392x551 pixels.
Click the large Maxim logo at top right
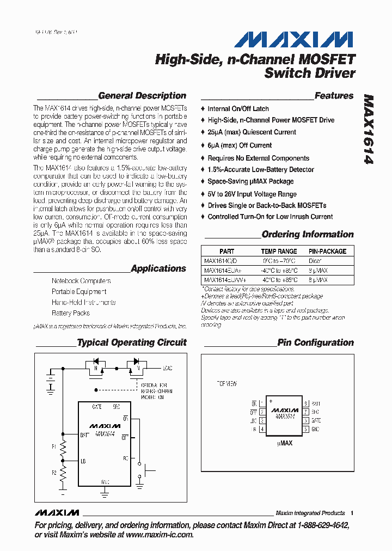(294, 39)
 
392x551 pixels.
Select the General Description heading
(142, 96)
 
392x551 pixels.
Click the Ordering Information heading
(308, 235)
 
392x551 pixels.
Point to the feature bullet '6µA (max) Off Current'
(240, 145)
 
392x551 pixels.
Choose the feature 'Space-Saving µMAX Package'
(250, 181)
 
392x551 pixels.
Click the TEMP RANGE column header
(279, 252)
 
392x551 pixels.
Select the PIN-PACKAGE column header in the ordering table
(327, 252)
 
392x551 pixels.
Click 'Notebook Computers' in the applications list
(81, 281)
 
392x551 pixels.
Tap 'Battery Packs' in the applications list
(71, 313)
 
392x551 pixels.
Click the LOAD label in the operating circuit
(167, 369)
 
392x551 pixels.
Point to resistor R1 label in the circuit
(54, 446)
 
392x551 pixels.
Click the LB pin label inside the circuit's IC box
(83, 461)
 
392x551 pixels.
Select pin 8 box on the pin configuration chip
(306, 403)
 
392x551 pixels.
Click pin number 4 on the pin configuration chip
(262, 429)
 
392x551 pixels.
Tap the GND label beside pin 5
(316, 429)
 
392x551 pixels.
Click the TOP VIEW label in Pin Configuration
(227, 384)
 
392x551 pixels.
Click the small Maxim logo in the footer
(57, 513)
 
